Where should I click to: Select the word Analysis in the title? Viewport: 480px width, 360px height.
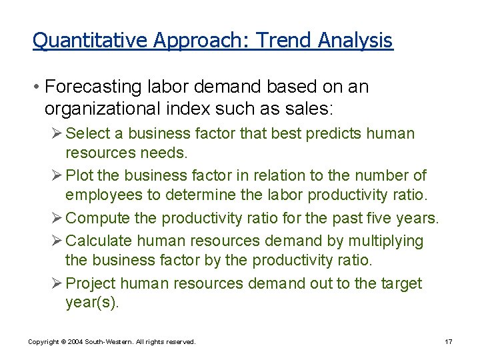pos(355,41)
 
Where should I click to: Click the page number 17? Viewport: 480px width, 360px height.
pos(449,342)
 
